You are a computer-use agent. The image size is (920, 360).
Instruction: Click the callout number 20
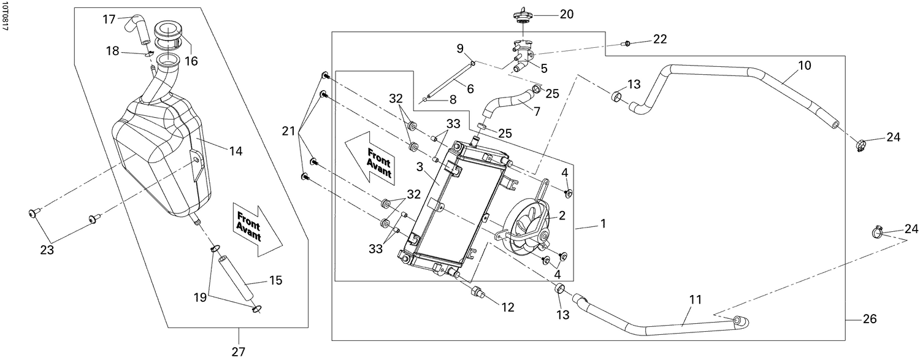[x=566, y=13]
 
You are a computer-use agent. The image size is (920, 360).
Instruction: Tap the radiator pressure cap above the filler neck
[x=521, y=15]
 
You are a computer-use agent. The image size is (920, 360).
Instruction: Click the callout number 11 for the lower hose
[x=694, y=300]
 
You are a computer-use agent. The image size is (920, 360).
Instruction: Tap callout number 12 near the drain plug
[x=507, y=308]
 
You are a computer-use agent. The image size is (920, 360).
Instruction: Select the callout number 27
[x=238, y=351]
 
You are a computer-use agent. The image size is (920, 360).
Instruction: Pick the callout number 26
[x=869, y=319]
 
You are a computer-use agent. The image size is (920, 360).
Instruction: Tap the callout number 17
[x=109, y=20]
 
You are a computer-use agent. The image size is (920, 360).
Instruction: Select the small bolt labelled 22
[x=626, y=43]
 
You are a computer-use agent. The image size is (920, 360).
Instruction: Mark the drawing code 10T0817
[x=6, y=17]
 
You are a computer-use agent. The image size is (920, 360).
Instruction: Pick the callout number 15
[x=275, y=281]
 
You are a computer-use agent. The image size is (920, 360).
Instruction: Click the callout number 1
[x=603, y=224]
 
